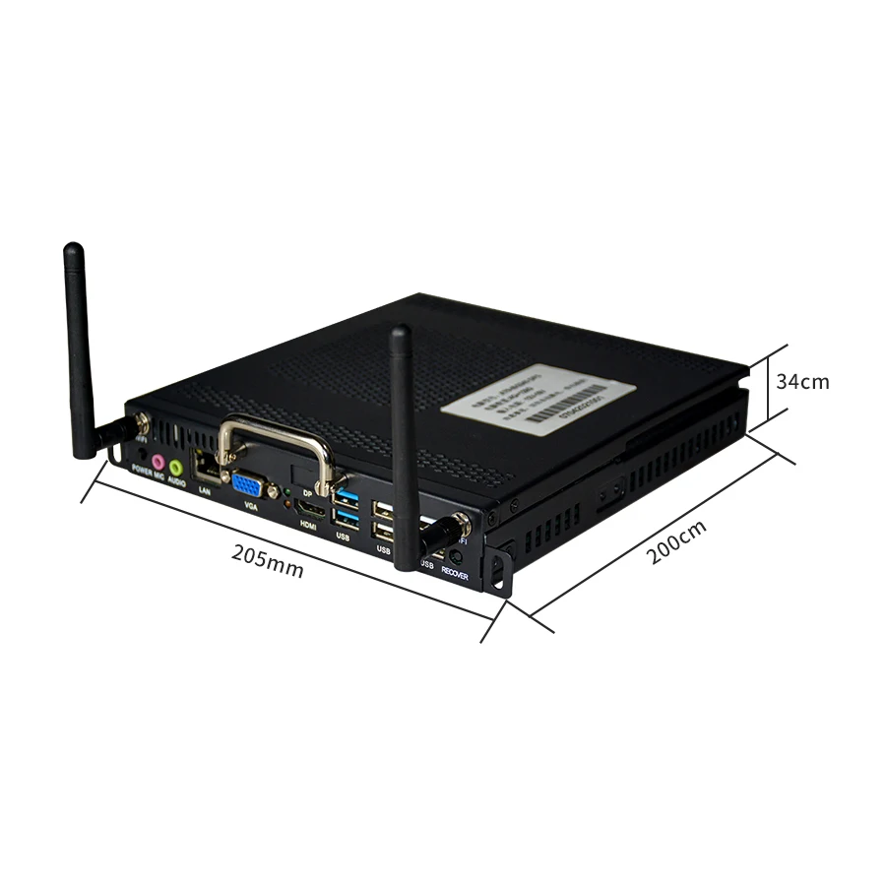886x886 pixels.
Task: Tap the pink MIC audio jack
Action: pos(158,461)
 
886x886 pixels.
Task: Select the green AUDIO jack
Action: pos(176,466)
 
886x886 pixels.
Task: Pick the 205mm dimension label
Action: pos(268,560)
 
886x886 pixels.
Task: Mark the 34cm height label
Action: pos(802,381)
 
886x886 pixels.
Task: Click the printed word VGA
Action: pos(250,507)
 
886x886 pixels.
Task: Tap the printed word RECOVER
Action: pos(455,573)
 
